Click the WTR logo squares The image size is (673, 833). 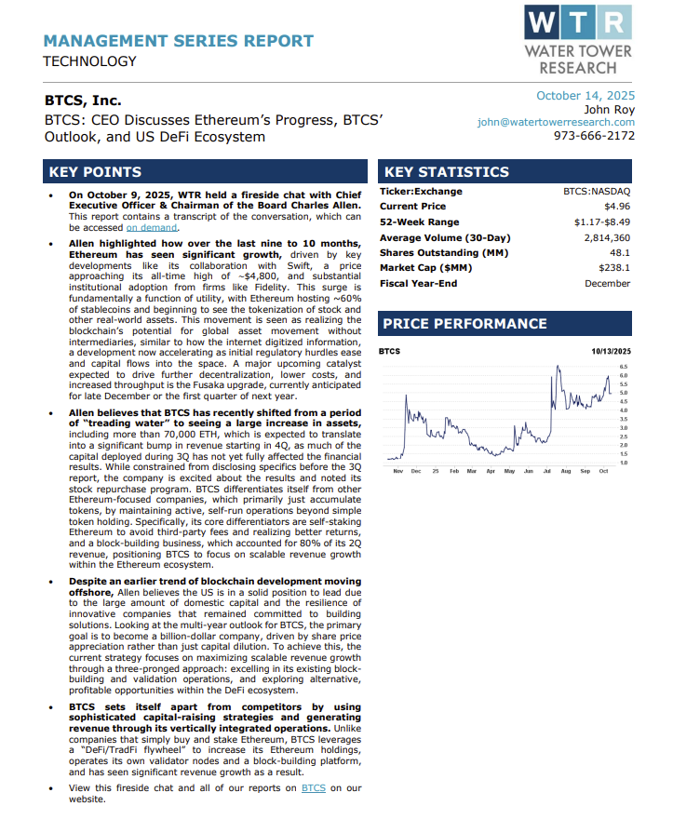pyautogui.click(x=577, y=21)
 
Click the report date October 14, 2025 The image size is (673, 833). pyautogui.click(x=586, y=95)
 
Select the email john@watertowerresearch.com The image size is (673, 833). pyautogui.click(x=556, y=122)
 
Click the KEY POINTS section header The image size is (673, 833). pyautogui.click(x=95, y=172)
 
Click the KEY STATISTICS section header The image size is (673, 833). pyautogui.click(x=447, y=172)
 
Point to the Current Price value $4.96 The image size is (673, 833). pyautogui.click(x=617, y=207)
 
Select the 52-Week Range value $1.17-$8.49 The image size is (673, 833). pyautogui.click(x=602, y=222)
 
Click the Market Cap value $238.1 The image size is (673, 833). pyautogui.click(x=615, y=268)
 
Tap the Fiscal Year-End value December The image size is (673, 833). pyautogui.click(x=607, y=284)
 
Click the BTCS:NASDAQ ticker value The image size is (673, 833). pyautogui.click(x=597, y=192)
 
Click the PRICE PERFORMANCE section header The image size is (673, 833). pyautogui.click(x=465, y=324)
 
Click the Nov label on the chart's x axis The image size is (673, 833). pyautogui.click(x=397, y=472)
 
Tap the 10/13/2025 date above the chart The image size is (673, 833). pyautogui.click(x=611, y=351)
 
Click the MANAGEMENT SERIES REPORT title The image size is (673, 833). pyautogui.click(x=178, y=41)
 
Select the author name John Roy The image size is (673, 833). pyautogui.click(x=611, y=109)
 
